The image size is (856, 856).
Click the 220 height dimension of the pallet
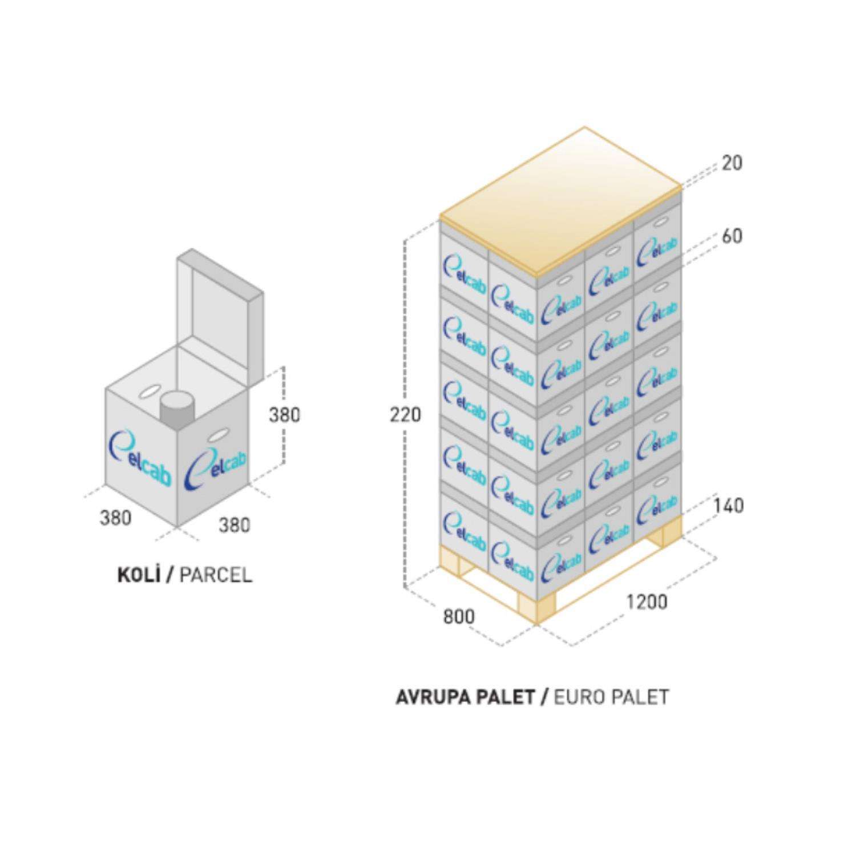[406, 414]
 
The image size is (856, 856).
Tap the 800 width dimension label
[458, 616]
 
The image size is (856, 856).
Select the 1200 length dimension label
[647, 601]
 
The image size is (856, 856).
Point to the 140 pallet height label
[728, 505]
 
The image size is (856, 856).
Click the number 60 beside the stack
[732, 236]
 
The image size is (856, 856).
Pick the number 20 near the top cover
[732, 163]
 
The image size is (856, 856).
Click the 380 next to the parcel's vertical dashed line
[284, 415]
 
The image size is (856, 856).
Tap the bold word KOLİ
[138, 575]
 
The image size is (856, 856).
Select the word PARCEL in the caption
[215, 575]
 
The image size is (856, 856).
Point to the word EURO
[579, 697]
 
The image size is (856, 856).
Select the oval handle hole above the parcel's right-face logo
[217, 437]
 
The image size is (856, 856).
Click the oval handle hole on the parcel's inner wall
[150, 393]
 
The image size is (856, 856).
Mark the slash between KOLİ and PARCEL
[169, 575]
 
